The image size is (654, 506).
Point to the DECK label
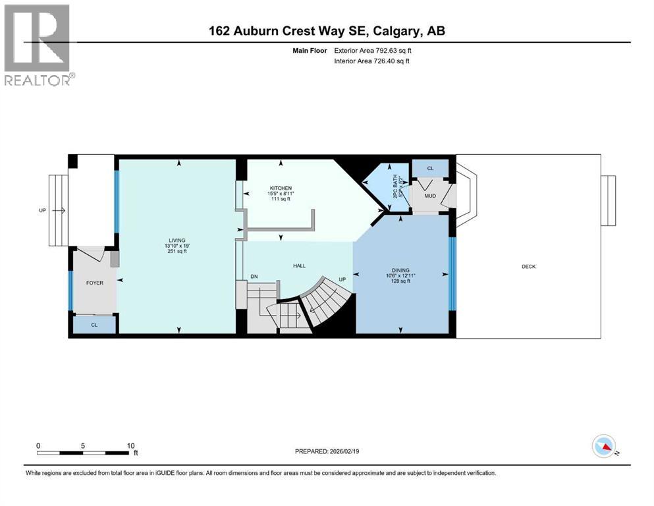click(528, 266)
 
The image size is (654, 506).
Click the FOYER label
click(95, 282)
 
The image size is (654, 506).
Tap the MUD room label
click(429, 196)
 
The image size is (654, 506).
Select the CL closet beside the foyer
click(94, 324)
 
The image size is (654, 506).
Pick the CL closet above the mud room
click(430, 169)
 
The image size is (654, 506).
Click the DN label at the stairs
click(253, 277)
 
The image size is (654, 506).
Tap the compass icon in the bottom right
click(603, 447)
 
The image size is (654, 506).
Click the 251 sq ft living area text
click(176, 251)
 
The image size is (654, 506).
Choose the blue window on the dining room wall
click(452, 273)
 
